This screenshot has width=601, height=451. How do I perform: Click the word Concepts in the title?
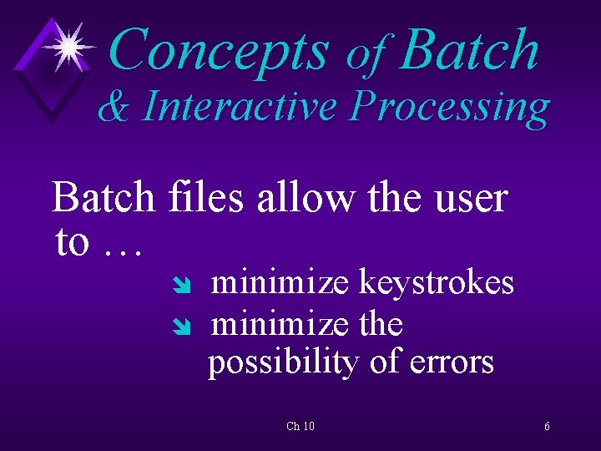219,50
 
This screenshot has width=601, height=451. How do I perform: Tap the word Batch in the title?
469,49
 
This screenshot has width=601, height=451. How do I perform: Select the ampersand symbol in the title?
114,108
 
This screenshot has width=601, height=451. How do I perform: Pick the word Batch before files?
104,199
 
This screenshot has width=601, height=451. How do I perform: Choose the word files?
205,199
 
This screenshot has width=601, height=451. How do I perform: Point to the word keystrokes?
436,283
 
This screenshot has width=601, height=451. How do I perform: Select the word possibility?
287,363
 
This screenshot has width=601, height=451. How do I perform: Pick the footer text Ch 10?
300,427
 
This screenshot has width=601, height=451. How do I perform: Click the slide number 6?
547,427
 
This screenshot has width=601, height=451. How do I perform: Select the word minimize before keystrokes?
280,283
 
